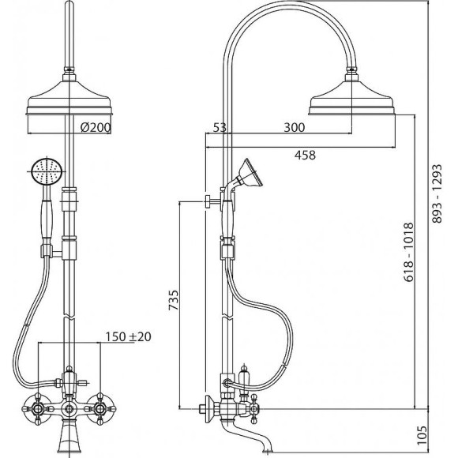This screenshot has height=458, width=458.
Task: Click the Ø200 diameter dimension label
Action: pyautogui.click(x=96, y=127)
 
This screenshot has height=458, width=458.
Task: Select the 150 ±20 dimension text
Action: pyautogui.click(x=128, y=336)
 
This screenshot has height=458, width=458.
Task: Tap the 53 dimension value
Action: pyautogui.click(x=220, y=128)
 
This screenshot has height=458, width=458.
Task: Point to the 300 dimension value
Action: pyautogui.click(x=294, y=127)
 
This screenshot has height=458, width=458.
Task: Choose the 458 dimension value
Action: pyautogui.click(x=305, y=155)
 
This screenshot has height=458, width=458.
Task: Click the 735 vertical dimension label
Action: pyautogui.click(x=173, y=300)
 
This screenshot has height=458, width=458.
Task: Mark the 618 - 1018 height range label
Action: pyautogui.click(x=408, y=253)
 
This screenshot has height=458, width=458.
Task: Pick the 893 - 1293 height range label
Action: pyautogui.click(x=437, y=194)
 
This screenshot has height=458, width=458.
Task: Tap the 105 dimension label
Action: pyautogui.click(x=422, y=435)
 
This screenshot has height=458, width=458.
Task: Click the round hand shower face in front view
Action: pyautogui.click(x=47, y=171)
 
